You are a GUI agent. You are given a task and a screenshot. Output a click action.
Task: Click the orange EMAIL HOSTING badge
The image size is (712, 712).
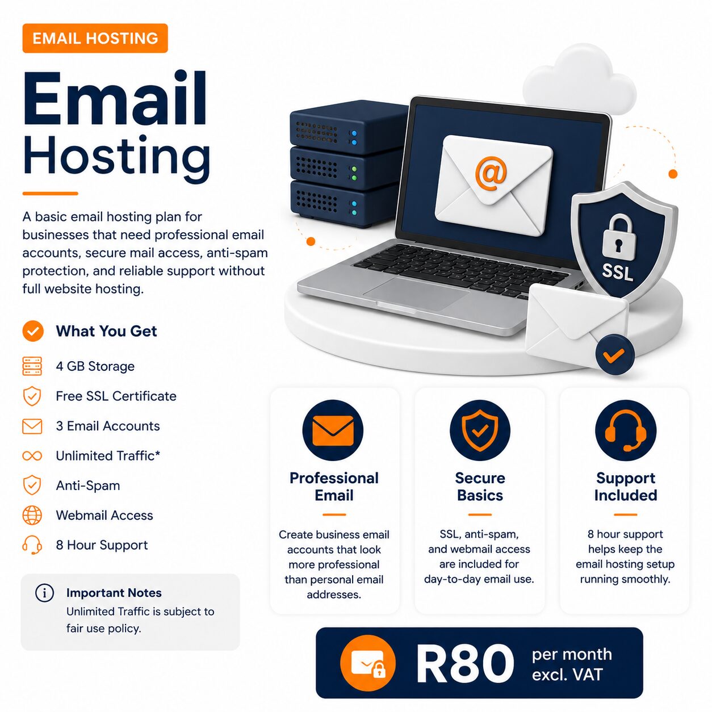(x=95, y=39)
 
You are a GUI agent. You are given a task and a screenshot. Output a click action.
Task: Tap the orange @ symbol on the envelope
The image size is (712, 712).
(x=491, y=174)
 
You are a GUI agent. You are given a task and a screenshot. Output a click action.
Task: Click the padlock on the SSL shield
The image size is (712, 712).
(x=619, y=236)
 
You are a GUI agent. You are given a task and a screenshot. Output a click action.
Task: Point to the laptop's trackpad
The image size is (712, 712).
(x=416, y=294)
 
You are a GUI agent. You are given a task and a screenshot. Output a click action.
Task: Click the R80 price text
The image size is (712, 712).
(x=464, y=664)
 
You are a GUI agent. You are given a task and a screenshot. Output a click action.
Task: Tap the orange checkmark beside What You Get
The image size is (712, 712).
(x=33, y=331)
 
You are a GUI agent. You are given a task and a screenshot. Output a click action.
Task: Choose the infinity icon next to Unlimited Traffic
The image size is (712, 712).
(x=32, y=456)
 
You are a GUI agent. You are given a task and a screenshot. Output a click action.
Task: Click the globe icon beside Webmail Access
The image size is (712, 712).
(x=32, y=516)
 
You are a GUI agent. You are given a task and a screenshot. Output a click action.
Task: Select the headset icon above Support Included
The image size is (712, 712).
(x=626, y=430)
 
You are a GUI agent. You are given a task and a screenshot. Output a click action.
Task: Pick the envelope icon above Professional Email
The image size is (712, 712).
(x=333, y=430)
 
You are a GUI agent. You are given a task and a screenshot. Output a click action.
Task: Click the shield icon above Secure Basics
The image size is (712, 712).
(x=480, y=430)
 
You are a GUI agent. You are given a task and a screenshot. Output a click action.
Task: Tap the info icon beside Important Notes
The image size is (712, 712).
(x=44, y=593)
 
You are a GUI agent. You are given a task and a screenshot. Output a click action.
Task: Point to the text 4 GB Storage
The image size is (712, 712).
(x=95, y=366)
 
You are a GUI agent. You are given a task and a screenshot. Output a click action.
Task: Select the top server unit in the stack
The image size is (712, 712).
(x=347, y=128)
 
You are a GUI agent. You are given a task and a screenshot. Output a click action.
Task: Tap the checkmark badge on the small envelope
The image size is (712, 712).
(x=615, y=355)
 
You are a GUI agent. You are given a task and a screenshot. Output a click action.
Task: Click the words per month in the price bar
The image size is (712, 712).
(x=572, y=654)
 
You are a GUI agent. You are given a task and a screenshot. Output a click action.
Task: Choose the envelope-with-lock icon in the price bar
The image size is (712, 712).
(x=367, y=664)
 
